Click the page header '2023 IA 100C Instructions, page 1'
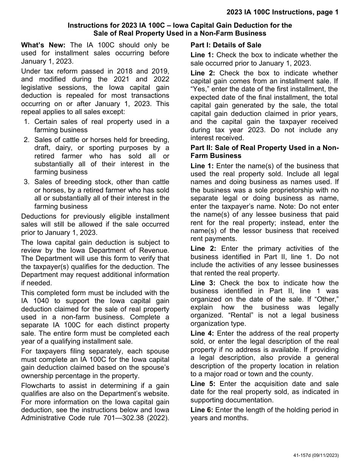[282, 13]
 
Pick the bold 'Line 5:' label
[203, 384]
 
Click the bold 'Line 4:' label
[202, 333]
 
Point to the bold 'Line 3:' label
[203, 283]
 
